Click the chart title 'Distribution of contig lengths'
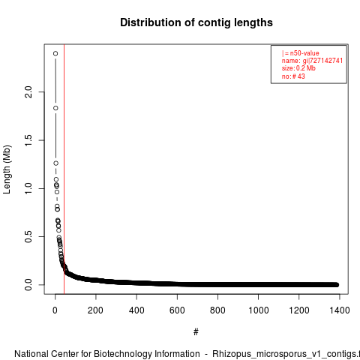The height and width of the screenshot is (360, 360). pos(196,22)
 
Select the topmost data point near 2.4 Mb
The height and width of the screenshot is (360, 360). pos(55,53)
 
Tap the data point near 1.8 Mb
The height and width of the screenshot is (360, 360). pos(55,108)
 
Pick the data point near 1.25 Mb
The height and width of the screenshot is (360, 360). pos(55,163)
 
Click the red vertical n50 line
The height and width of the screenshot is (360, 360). pos(64,169)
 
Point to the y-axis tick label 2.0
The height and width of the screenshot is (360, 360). pos(28,92)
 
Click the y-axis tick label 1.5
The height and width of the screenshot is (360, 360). pos(28,140)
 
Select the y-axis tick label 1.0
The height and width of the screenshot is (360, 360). pos(28,188)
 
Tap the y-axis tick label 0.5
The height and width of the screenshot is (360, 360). pos(28,236)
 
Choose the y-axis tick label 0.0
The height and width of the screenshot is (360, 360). pos(28,285)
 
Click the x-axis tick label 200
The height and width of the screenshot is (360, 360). pos(95,310)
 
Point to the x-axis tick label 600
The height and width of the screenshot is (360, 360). pos(177,310)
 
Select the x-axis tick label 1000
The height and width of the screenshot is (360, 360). pos(258,310)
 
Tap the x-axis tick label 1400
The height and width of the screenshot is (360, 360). pos(340,310)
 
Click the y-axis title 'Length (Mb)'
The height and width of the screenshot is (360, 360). pos(7,169)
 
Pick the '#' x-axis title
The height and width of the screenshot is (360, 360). pos(196,332)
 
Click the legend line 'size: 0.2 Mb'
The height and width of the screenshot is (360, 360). pos(298,68)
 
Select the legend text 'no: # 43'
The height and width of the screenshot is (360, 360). pos(293,76)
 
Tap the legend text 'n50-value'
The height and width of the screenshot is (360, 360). pos(304,53)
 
